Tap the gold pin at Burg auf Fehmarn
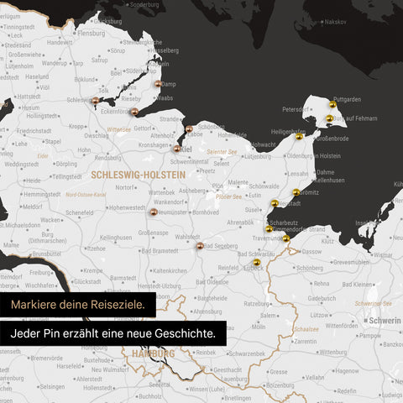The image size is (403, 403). [x=330, y=119]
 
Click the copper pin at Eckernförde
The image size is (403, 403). [x=133, y=111]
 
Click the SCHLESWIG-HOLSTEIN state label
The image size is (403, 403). [x=135, y=175]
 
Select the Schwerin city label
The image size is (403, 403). [x=384, y=320]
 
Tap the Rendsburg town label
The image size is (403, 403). [x=86, y=159]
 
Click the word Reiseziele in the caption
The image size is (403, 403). [x=114, y=303]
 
